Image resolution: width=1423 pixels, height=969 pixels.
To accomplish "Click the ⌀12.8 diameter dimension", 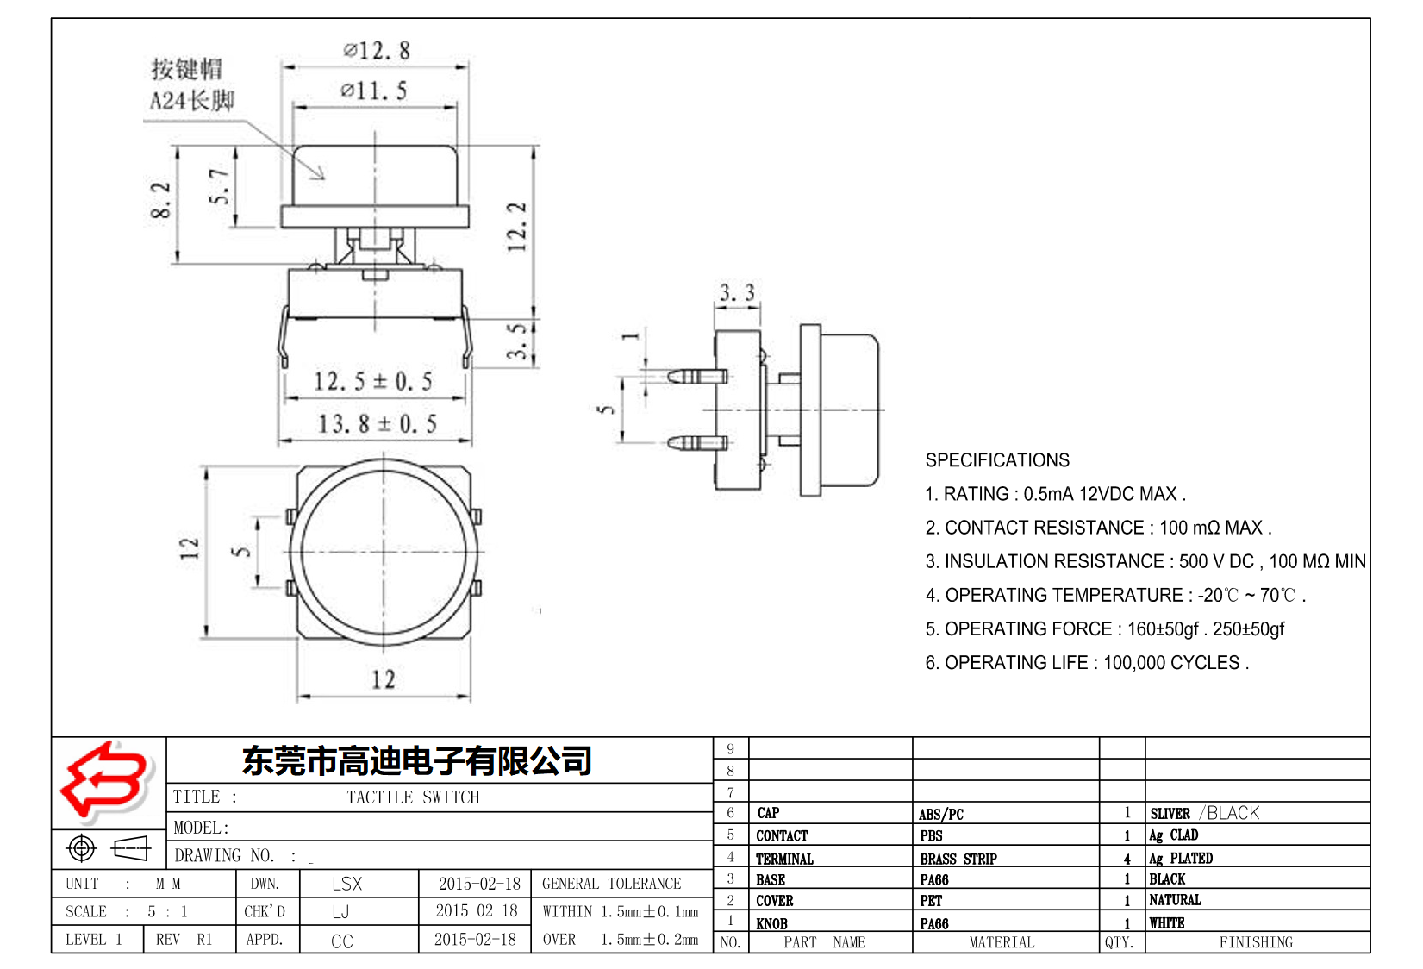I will tap(377, 51).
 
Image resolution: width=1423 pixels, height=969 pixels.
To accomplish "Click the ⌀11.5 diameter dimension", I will tap(373, 91).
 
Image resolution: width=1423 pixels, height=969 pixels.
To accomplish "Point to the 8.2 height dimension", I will tap(161, 200).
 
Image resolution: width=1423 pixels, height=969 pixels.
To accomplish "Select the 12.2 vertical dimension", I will tap(516, 227).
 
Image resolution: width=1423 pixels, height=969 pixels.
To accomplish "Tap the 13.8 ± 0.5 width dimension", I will tap(377, 424).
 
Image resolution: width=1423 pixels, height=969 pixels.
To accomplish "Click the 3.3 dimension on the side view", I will tap(737, 293).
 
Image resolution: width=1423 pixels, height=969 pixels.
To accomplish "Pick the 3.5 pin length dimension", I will tap(516, 341).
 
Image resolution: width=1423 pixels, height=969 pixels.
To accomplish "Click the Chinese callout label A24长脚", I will tap(191, 101).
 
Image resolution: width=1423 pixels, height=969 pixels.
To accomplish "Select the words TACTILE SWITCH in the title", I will tap(413, 797).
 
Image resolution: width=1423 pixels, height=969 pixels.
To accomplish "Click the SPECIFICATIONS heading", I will tap(997, 460).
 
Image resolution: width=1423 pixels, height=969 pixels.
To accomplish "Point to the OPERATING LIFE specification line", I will tap(1086, 663).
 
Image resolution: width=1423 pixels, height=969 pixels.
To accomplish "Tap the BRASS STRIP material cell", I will tap(958, 859).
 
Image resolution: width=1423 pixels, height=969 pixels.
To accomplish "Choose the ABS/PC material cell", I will tap(940, 814).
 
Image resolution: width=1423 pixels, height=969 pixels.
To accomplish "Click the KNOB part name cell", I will tap(771, 923).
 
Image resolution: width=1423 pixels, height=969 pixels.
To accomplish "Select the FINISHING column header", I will tap(1255, 942).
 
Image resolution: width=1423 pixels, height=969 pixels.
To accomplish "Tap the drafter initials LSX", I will tap(346, 884).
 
